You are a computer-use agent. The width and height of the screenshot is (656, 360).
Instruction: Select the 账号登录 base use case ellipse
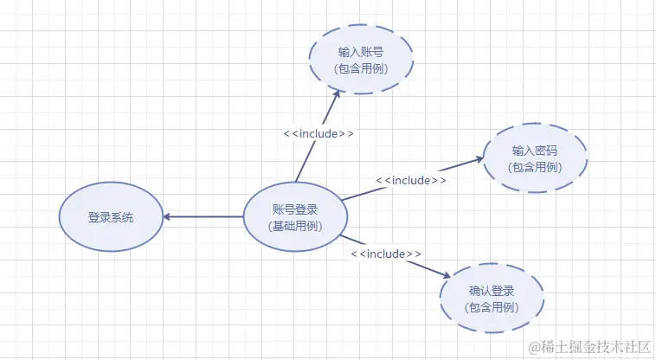click(294, 217)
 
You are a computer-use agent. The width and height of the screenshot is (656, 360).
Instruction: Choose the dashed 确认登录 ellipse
click(492, 299)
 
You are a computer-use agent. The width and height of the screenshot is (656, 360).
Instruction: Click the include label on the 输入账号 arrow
click(318, 134)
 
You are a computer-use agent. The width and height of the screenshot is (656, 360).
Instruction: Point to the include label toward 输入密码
click(411, 180)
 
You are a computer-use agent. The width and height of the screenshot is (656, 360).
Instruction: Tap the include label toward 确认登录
click(386, 254)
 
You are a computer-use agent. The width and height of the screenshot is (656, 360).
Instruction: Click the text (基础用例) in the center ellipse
click(294, 227)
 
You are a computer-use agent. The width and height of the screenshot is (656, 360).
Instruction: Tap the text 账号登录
click(294, 209)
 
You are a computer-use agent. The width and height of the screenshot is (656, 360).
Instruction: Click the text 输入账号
click(361, 51)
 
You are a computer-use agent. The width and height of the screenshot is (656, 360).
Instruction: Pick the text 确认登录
click(492, 292)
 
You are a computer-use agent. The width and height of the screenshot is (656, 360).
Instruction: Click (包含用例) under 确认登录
click(492, 308)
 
